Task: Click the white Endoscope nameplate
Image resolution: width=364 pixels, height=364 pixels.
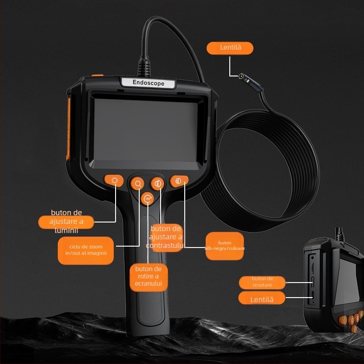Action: [148, 83]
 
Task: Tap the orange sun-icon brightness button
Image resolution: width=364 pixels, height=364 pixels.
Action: [114, 181]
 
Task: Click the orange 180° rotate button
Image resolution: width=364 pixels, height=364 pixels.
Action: [147, 198]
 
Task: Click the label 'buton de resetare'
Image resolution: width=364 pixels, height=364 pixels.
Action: [262, 282]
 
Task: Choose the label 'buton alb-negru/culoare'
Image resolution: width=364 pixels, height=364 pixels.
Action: [225, 246]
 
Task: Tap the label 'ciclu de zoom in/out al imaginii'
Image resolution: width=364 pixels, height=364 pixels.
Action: [86, 250]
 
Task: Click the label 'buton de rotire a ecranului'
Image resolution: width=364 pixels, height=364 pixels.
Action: [148, 276]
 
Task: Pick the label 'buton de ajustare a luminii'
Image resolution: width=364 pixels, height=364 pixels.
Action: [66, 222]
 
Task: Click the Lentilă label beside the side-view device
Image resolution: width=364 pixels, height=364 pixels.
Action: [262, 298]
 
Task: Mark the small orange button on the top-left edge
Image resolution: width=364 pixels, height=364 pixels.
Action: [97, 76]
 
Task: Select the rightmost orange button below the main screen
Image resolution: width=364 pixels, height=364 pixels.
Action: [179, 181]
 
